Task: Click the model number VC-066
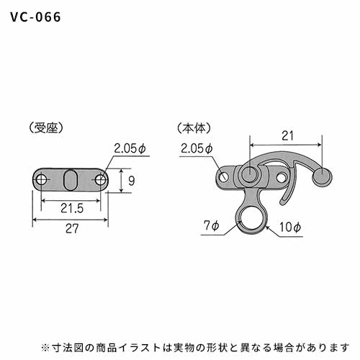pyautogui.click(x=35, y=17)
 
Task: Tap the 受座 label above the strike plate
pyautogui.click(x=46, y=128)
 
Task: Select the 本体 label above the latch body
pyautogui.click(x=194, y=128)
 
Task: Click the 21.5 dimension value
pyautogui.click(x=72, y=208)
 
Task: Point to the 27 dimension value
pyautogui.click(x=72, y=228)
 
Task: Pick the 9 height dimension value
pyautogui.click(x=131, y=181)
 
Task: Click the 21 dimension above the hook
pyautogui.click(x=287, y=136)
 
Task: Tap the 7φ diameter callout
pyautogui.click(x=212, y=225)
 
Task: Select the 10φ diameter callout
pyautogui.click(x=290, y=227)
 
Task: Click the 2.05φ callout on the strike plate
pyautogui.click(x=130, y=148)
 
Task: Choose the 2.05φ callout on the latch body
pyautogui.click(x=197, y=148)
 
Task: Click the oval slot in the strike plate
pyautogui.click(x=70, y=180)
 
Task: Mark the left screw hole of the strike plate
pyautogui.click(x=42, y=180)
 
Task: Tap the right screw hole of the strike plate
pyautogui.click(x=100, y=180)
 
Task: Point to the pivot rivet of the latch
pyautogui.click(x=250, y=174)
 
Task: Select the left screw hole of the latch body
pyautogui.click(x=224, y=177)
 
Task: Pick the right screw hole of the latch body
pyautogui.click(x=281, y=178)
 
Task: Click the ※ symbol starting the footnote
pyautogui.click(x=45, y=348)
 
